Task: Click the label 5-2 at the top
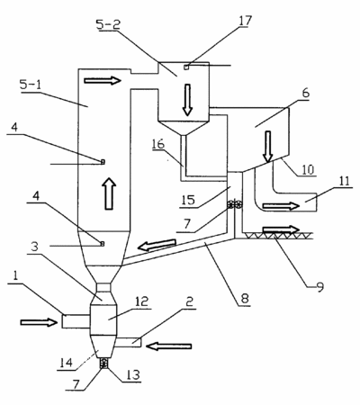[108, 24]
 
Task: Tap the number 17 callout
[245, 21]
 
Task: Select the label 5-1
[30, 85]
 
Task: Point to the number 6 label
[305, 94]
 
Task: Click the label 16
[158, 144]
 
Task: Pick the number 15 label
[188, 200]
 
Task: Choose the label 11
[344, 181]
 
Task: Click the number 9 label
[319, 287]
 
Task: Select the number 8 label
[245, 299]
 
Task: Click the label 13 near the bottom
[133, 374]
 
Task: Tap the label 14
[66, 363]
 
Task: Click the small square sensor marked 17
[186, 67]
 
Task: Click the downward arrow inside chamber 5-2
[187, 100]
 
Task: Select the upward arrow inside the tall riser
[110, 193]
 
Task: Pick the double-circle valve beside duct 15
[235, 205]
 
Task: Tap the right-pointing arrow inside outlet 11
[281, 206]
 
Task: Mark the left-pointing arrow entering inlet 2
[168, 346]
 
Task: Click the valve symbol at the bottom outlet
[103, 364]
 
